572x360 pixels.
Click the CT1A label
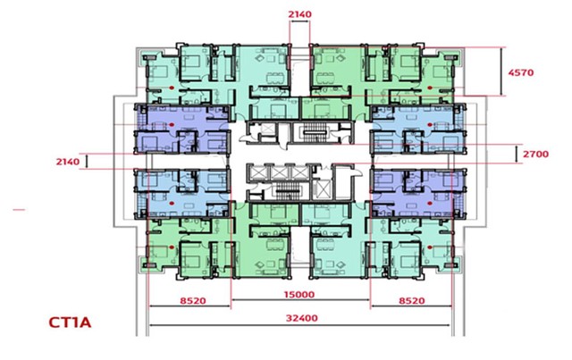70,322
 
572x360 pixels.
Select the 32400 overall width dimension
302,318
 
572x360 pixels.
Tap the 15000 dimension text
299,295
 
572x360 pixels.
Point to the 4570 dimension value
521,72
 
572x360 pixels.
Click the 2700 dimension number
535,154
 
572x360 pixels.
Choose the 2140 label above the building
300,14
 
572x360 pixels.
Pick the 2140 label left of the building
68,162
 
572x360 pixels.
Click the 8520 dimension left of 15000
193,301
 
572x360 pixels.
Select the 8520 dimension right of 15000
412,301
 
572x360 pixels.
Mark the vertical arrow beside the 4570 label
501,71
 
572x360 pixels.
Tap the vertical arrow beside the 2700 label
517,154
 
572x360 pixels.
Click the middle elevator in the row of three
280,172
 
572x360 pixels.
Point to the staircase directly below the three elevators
288,191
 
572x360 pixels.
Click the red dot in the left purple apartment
172,124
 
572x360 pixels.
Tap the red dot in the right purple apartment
430,203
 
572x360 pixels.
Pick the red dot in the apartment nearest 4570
430,88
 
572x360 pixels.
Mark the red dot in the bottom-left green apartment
172,247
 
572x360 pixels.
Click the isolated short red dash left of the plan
19,210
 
